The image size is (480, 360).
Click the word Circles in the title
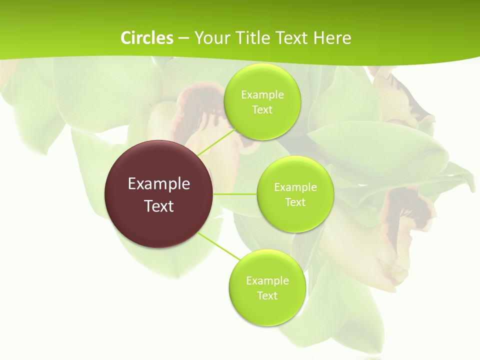pyautogui.click(x=146, y=37)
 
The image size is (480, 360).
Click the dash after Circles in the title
pyautogui.click(x=183, y=38)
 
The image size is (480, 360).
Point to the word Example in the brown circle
pyautogui.click(x=159, y=184)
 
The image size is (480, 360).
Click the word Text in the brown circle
pyautogui.click(x=159, y=206)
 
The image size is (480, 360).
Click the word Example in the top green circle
pyautogui.click(x=262, y=94)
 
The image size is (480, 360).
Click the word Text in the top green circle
pyautogui.click(x=262, y=110)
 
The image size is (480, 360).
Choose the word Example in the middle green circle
pyautogui.click(x=295, y=187)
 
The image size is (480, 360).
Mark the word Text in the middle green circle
pyautogui.click(x=295, y=202)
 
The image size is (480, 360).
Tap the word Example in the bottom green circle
pyautogui.click(x=267, y=280)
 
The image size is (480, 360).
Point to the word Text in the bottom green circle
pyautogui.click(x=267, y=295)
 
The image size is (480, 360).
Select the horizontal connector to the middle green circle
pyautogui.click(x=235, y=194)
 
